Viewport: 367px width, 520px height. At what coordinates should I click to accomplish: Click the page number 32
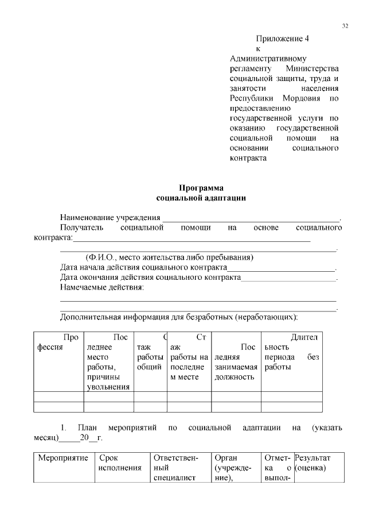(345, 26)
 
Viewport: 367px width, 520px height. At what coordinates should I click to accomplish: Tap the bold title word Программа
(201, 188)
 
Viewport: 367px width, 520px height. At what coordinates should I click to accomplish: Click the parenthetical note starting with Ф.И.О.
(169, 257)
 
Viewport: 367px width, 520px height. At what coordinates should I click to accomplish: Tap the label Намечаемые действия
(102, 287)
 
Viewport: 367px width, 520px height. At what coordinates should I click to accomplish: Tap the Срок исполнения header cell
(120, 463)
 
